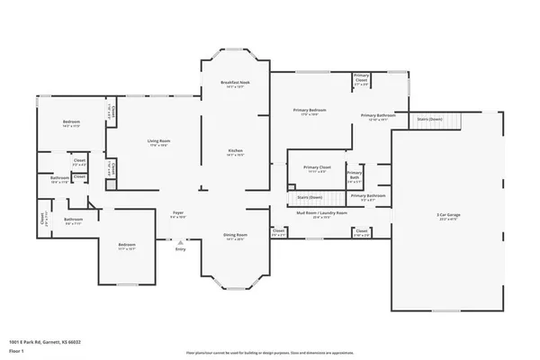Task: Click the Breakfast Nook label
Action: pyautogui.click(x=234, y=82)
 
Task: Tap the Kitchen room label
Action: pyautogui.click(x=234, y=150)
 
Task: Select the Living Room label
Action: pyautogui.click(x=159, y=141)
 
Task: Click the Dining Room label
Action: pyautogui.click(x=234, y=236)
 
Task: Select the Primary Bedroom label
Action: pyautogui.click(x=309, y=110)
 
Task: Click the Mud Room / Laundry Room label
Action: pyautogui.click(x=321, y=213)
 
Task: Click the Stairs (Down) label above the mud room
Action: pyautogui.click(x=310, y=195)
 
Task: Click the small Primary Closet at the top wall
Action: pyautogui.click(x=362, y=78)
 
